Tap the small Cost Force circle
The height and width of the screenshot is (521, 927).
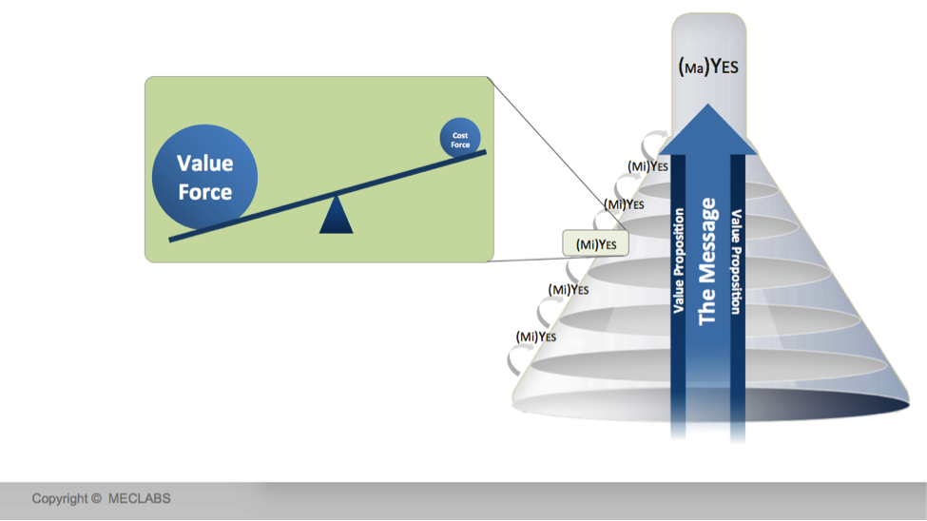(460, 139)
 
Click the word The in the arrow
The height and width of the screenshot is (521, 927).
(707, 310)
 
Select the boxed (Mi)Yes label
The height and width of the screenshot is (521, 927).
(595, 244)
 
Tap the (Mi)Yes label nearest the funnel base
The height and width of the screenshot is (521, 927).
(535, 336)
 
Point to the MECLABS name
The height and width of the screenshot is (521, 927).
(139, 498)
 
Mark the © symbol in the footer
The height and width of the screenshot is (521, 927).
(96, 498)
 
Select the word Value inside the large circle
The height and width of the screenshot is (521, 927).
(204, 164)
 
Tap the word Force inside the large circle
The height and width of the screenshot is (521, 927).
(204, 192)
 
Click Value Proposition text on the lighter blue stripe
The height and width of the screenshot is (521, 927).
(679, 261)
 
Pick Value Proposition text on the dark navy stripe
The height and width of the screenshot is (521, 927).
(737, 261)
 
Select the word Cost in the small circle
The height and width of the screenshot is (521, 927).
(460, 135)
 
